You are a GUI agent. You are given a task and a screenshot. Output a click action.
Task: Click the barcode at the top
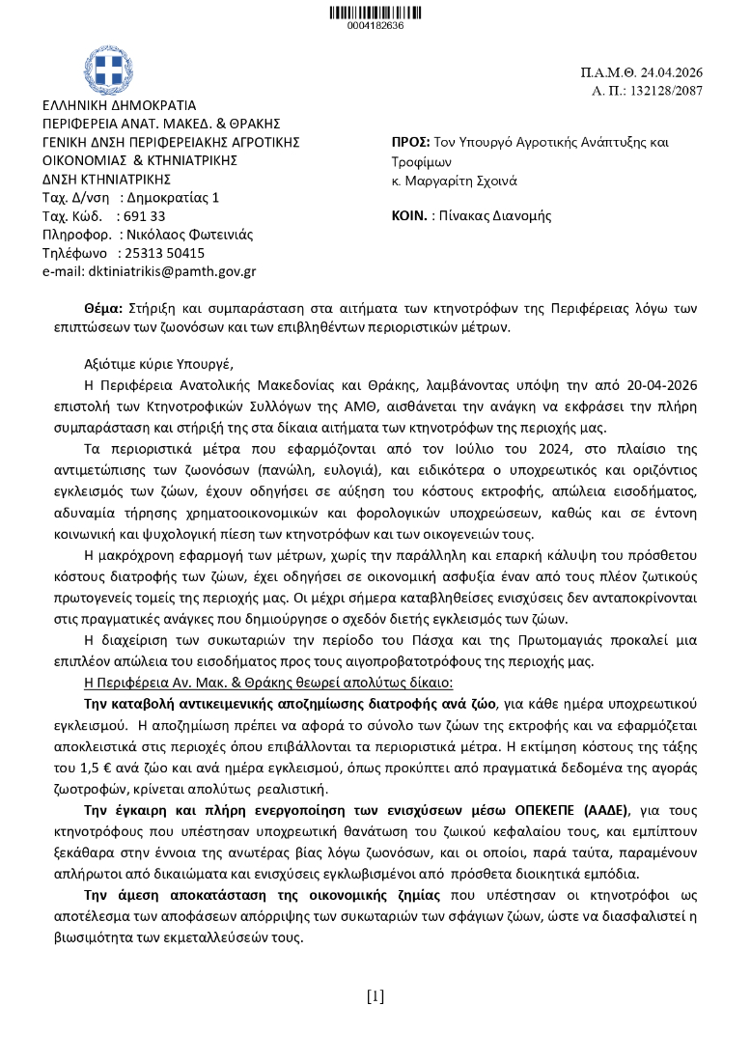[375, 12]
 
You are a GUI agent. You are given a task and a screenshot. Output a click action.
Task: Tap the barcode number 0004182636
[375, 25]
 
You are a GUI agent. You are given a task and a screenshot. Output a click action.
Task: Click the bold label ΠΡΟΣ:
[411, 142]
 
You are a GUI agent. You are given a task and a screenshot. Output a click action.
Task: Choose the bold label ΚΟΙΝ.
[409, 216]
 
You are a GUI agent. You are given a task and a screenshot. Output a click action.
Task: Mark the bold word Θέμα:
[104, 308]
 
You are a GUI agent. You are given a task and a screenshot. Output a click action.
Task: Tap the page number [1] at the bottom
[375, 996]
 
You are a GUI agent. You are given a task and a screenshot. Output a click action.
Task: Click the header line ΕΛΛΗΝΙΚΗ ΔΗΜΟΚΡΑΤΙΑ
[119, 105]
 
